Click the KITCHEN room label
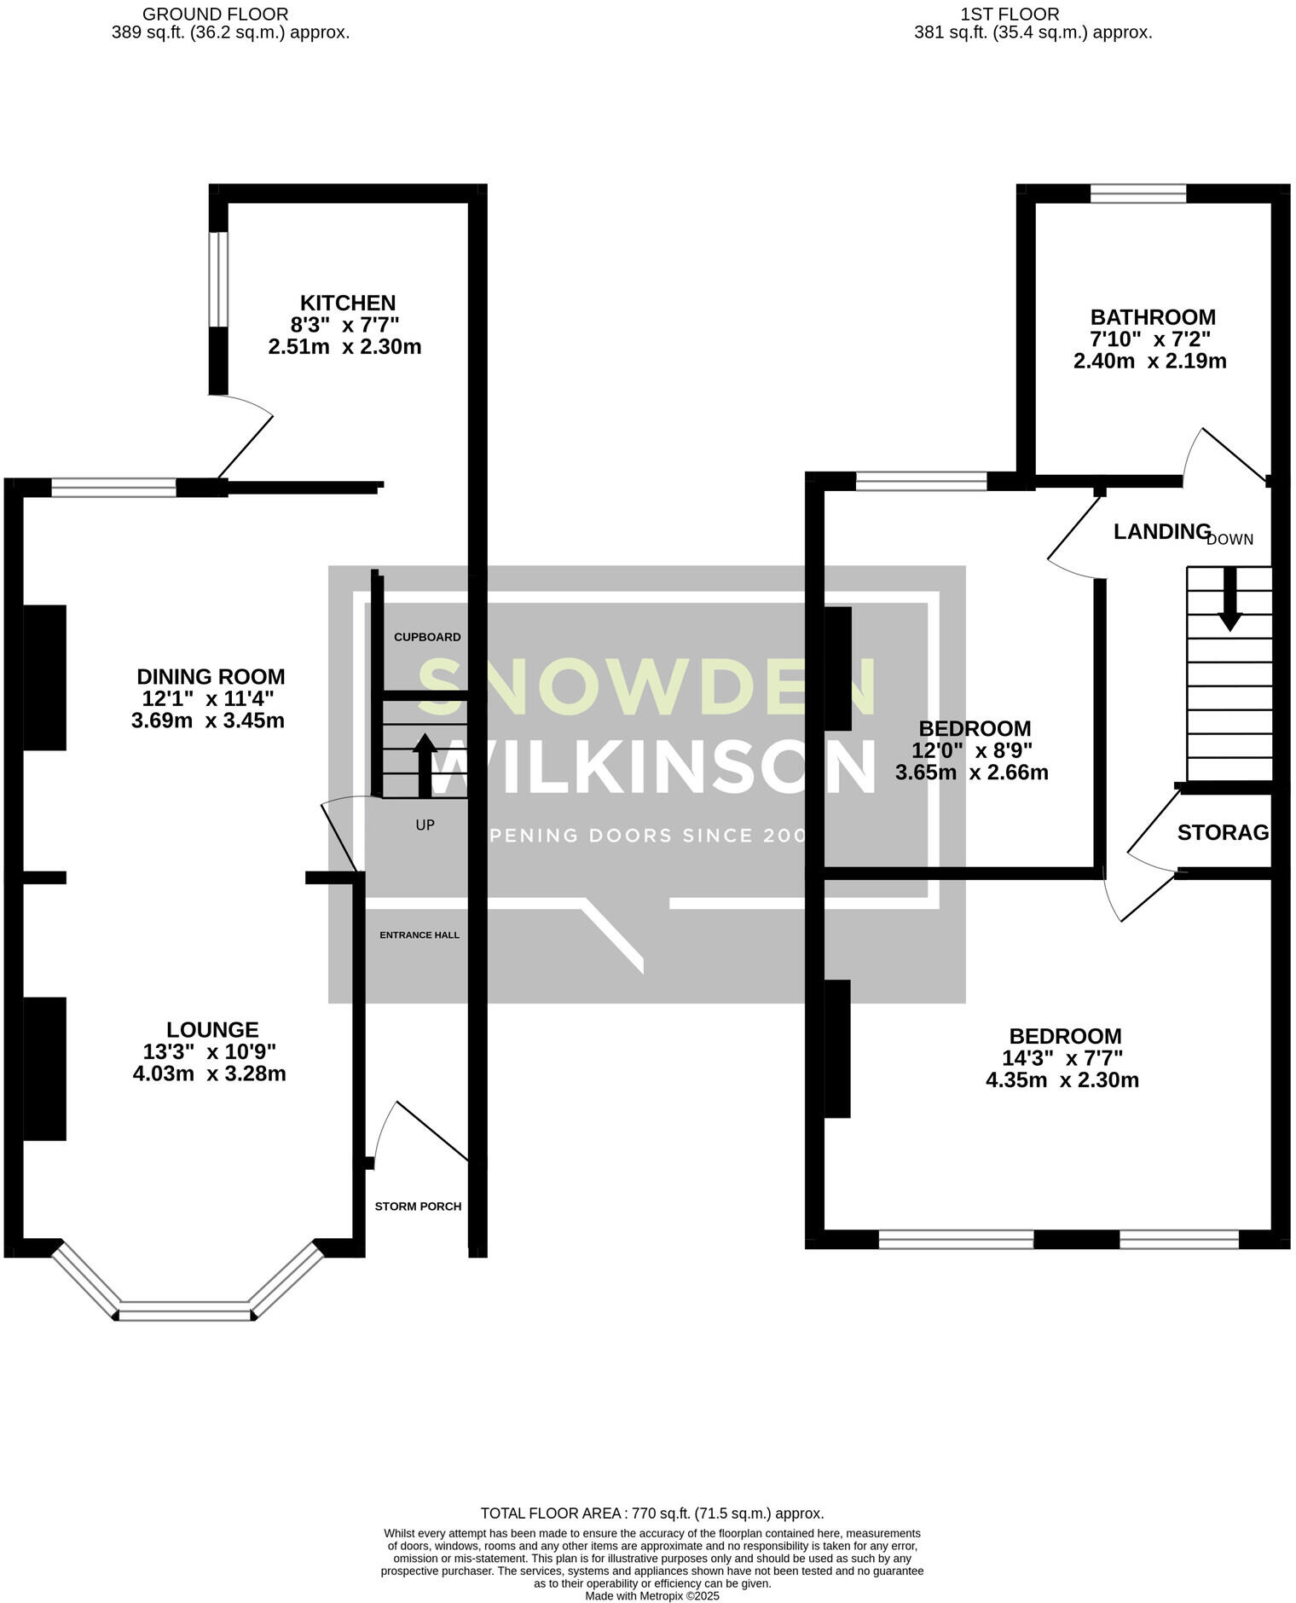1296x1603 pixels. tap(348, 303)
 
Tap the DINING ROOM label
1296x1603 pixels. tap(211, 676)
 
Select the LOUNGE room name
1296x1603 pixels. tap(212, 1029)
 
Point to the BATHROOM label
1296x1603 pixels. tap(1153, 316)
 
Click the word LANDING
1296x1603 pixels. tap(1162, 531)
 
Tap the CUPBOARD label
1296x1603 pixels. tap(427, 637)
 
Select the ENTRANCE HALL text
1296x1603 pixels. tap(419, 935)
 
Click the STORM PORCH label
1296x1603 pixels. tap(418, 1207)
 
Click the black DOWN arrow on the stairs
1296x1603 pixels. tap(1229, 599)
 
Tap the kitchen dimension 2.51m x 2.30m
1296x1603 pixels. tap(344, 347)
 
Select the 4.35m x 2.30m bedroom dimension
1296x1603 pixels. tap(1062, 1080)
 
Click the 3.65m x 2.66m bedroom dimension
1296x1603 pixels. tap(971, 773)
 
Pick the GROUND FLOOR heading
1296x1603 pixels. tap(215, 14)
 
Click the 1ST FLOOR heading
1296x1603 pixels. tap(1010, 14)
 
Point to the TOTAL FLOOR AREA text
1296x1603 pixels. tap(651, 1513)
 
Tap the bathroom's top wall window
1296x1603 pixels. tap(1138, 194)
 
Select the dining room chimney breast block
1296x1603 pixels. tap(44, 677)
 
